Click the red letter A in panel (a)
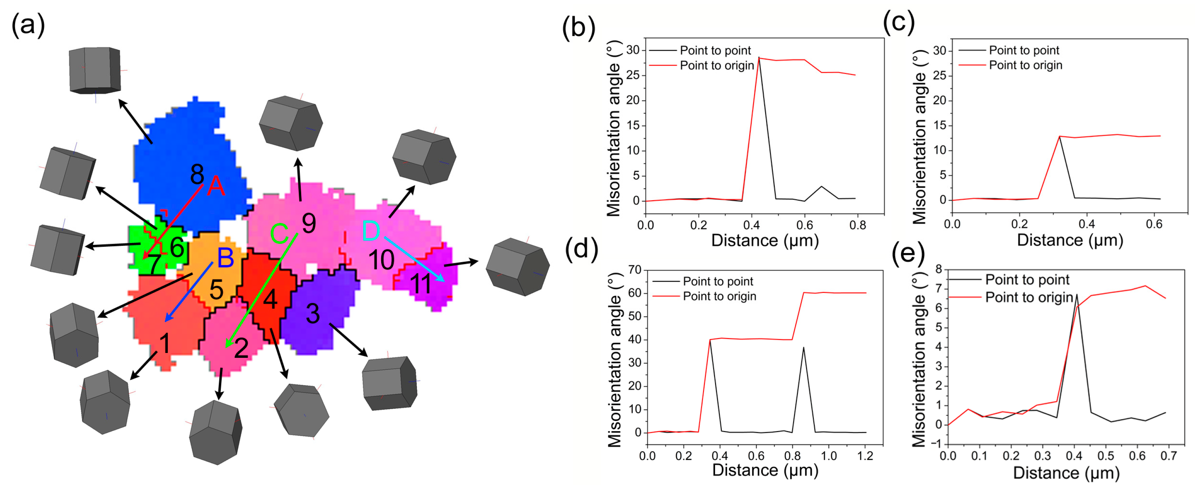(216, 187)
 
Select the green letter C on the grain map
(279, 234)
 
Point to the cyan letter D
(371, 231)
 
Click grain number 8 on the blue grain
(197, 175)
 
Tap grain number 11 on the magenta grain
(421, 284)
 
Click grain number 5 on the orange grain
(216, 289)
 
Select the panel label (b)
(578, 27)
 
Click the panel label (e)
(908, 255)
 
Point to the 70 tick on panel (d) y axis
(634, 270)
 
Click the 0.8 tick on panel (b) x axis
(857, 226)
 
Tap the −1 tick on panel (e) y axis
(938, 444)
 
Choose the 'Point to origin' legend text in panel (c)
(1025, 65)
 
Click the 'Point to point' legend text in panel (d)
(718, 281)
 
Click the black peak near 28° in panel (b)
(759, 58)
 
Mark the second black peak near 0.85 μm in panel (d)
(803, 348)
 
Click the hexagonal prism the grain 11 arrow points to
(517, 267)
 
